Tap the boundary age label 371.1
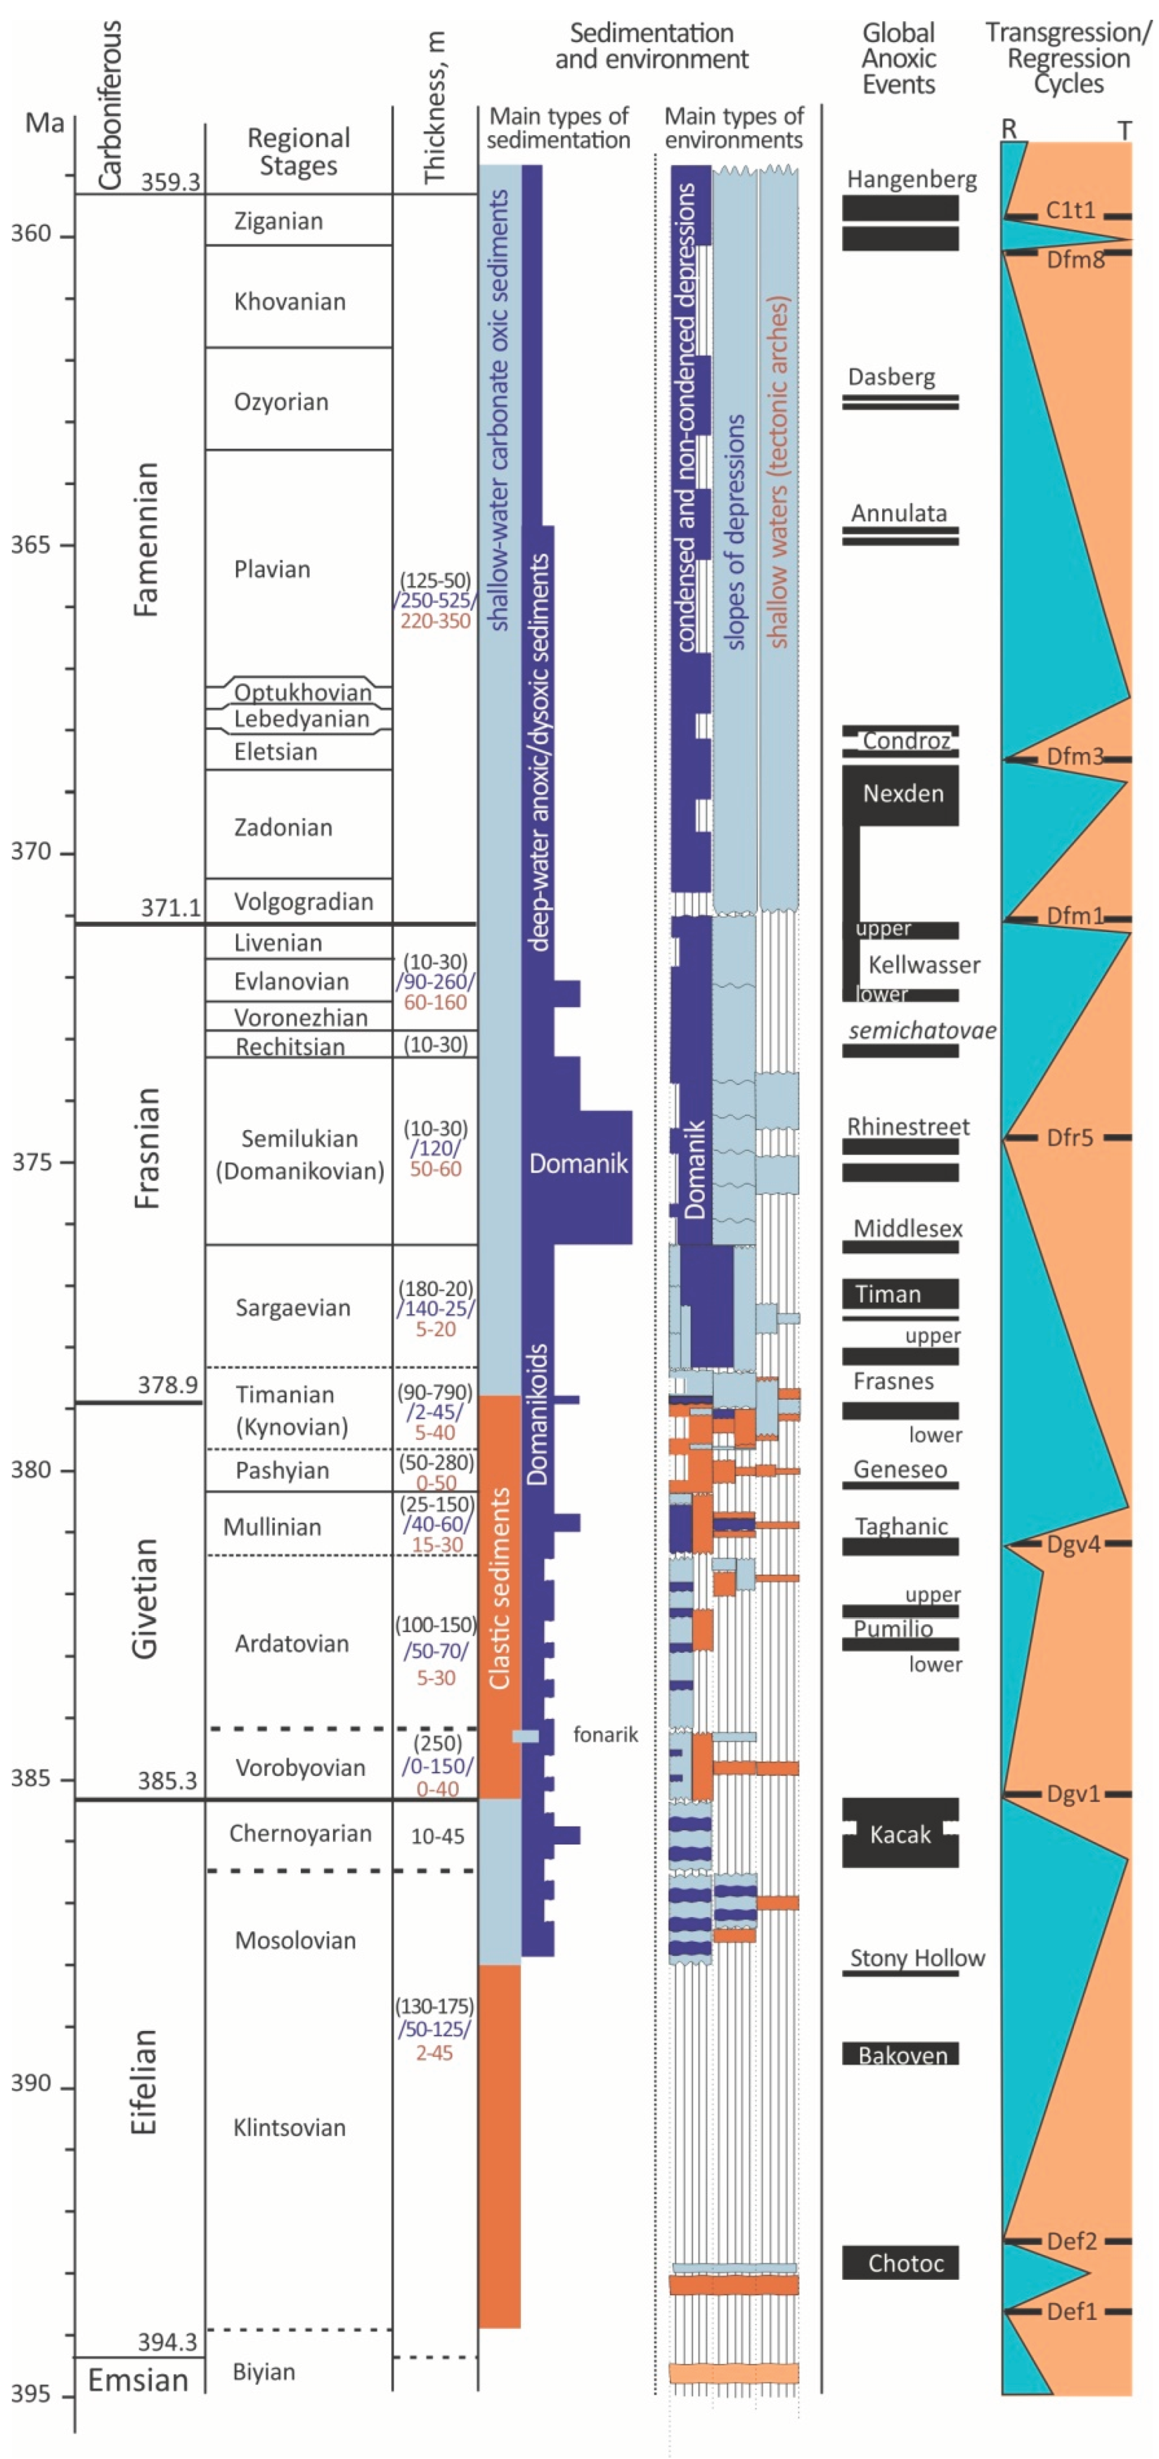point(171,908)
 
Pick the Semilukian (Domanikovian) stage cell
point(300,1154)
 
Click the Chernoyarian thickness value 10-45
point(437,1835)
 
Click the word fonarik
point(606,1734)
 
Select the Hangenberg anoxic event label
point(912,180)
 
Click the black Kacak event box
point(899,1834)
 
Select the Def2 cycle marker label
point(1071,2240)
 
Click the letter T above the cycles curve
point(1125,130)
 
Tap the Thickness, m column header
point(435,107)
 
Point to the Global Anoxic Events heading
point(898,59)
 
